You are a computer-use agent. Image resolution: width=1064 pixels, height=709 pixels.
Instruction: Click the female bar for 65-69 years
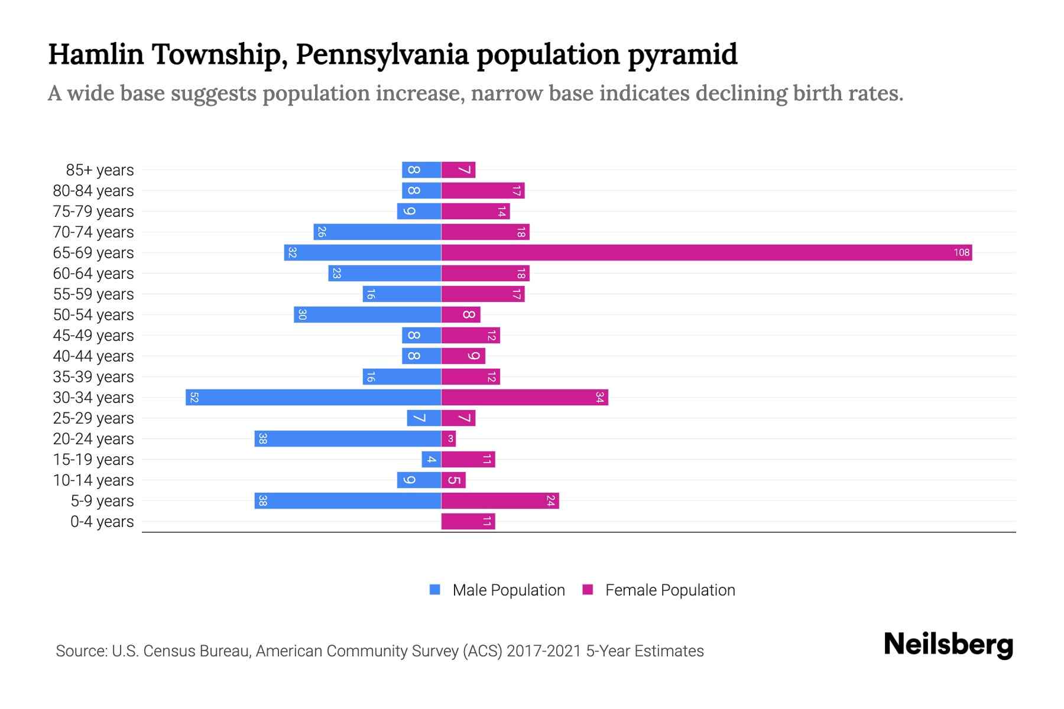706,253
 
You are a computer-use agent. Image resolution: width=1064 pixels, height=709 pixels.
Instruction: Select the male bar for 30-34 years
313,398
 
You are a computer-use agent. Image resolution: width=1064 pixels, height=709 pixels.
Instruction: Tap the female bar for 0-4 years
468,522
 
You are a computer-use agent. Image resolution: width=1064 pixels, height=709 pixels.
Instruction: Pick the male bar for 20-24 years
348,439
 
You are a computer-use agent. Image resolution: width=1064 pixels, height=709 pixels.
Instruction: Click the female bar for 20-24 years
449,439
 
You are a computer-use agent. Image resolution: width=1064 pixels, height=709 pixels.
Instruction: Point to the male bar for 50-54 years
367,315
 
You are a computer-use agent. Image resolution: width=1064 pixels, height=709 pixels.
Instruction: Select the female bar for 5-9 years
500,501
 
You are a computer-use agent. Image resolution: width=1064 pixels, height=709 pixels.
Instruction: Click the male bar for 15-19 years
432,460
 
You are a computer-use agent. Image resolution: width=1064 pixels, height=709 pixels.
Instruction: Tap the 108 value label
961,253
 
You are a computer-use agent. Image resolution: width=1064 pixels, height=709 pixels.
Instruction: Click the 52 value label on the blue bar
194,398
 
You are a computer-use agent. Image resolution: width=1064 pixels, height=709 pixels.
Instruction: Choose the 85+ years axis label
100,170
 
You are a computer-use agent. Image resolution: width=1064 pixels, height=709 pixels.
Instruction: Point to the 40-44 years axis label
93,356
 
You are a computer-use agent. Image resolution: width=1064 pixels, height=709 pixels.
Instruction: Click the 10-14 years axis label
93,480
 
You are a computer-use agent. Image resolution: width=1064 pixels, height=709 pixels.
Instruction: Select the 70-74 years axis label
93,232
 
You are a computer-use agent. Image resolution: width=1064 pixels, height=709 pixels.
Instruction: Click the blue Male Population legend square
435,590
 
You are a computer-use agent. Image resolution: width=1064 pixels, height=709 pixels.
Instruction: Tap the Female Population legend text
670,590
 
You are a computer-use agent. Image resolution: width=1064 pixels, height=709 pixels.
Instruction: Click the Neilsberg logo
948,645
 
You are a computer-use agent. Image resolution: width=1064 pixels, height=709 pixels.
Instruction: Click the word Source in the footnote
81,651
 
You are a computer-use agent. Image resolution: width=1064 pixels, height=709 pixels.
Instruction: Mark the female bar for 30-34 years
524,398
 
